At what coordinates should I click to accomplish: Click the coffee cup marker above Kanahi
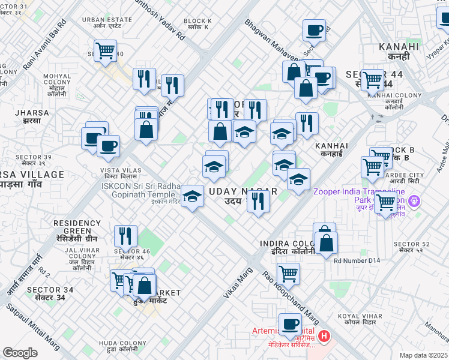coord(314,29)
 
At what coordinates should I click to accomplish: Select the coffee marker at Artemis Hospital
coord(291,325)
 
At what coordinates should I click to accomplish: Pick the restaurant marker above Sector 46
coord(125,235)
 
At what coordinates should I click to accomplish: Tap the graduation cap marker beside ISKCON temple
coord(191,196)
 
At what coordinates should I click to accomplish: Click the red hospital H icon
coord(325,335)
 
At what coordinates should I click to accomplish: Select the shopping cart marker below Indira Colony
coord(289,274)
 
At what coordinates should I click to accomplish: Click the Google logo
coord(20,353)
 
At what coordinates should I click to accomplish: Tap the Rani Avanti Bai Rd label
coord(44,45)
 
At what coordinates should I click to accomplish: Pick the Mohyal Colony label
coord(58,81)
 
